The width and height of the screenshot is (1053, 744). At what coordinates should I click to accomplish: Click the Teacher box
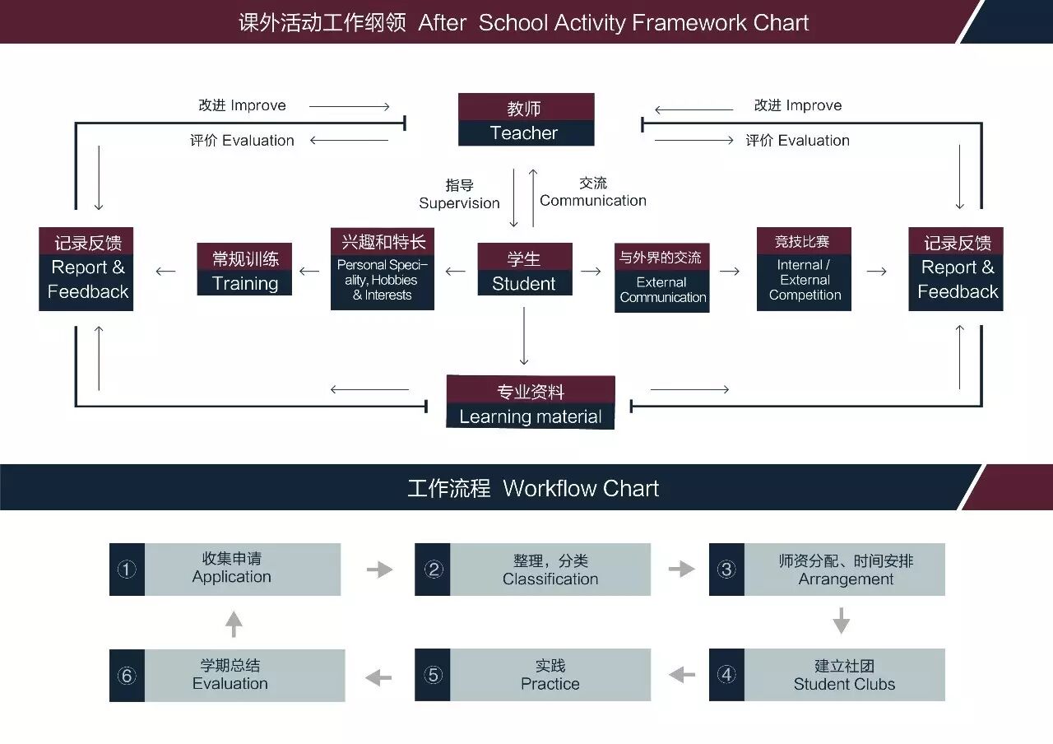pos(526,120)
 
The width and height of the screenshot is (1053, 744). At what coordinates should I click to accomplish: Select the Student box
pos(524,270)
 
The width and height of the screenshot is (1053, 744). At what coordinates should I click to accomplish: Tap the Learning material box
pos(531,402)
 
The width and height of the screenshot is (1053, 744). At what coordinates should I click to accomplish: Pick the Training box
pos(244,270)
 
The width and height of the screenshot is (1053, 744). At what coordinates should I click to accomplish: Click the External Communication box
pos(662,278)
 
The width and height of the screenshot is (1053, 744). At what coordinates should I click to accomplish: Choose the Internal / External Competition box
pos(804,269)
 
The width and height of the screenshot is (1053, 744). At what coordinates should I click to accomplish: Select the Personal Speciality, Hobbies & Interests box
pos(383,269)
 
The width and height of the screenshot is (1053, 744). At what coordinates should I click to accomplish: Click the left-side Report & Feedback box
pos(86,269)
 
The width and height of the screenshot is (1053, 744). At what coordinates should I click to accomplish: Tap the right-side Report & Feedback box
pos(956,269)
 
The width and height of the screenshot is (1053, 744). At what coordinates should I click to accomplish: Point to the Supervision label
pos(459,203)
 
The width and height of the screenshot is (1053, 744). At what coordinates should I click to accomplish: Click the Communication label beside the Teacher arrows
pos(592,201)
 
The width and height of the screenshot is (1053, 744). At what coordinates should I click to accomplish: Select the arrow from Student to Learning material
pos(524,337)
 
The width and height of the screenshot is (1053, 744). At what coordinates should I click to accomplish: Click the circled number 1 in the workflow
pos(127,570)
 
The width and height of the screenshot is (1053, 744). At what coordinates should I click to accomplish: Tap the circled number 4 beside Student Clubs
pos(726,675)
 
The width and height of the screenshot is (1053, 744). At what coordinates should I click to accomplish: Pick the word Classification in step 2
pos(550,579)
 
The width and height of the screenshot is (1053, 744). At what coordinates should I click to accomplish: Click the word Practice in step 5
pos(550,684)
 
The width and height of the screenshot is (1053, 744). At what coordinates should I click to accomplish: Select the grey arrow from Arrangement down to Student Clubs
pos(840,621)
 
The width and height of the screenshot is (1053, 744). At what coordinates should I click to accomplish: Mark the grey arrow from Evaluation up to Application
pos(234,623)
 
